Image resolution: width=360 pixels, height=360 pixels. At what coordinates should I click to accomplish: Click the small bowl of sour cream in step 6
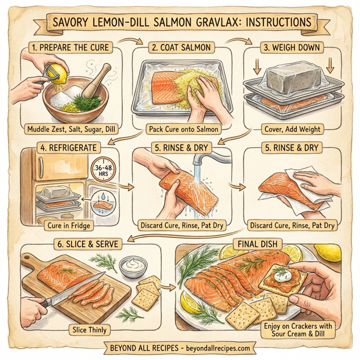tap(132, 265)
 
